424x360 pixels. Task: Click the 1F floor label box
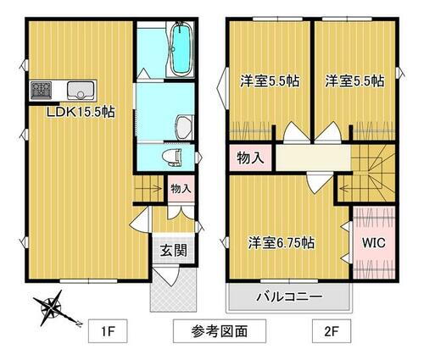108,329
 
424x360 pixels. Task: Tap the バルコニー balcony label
288,297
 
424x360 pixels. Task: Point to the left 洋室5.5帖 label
269,81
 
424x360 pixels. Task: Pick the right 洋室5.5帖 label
354,81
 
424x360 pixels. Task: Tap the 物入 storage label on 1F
180,188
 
